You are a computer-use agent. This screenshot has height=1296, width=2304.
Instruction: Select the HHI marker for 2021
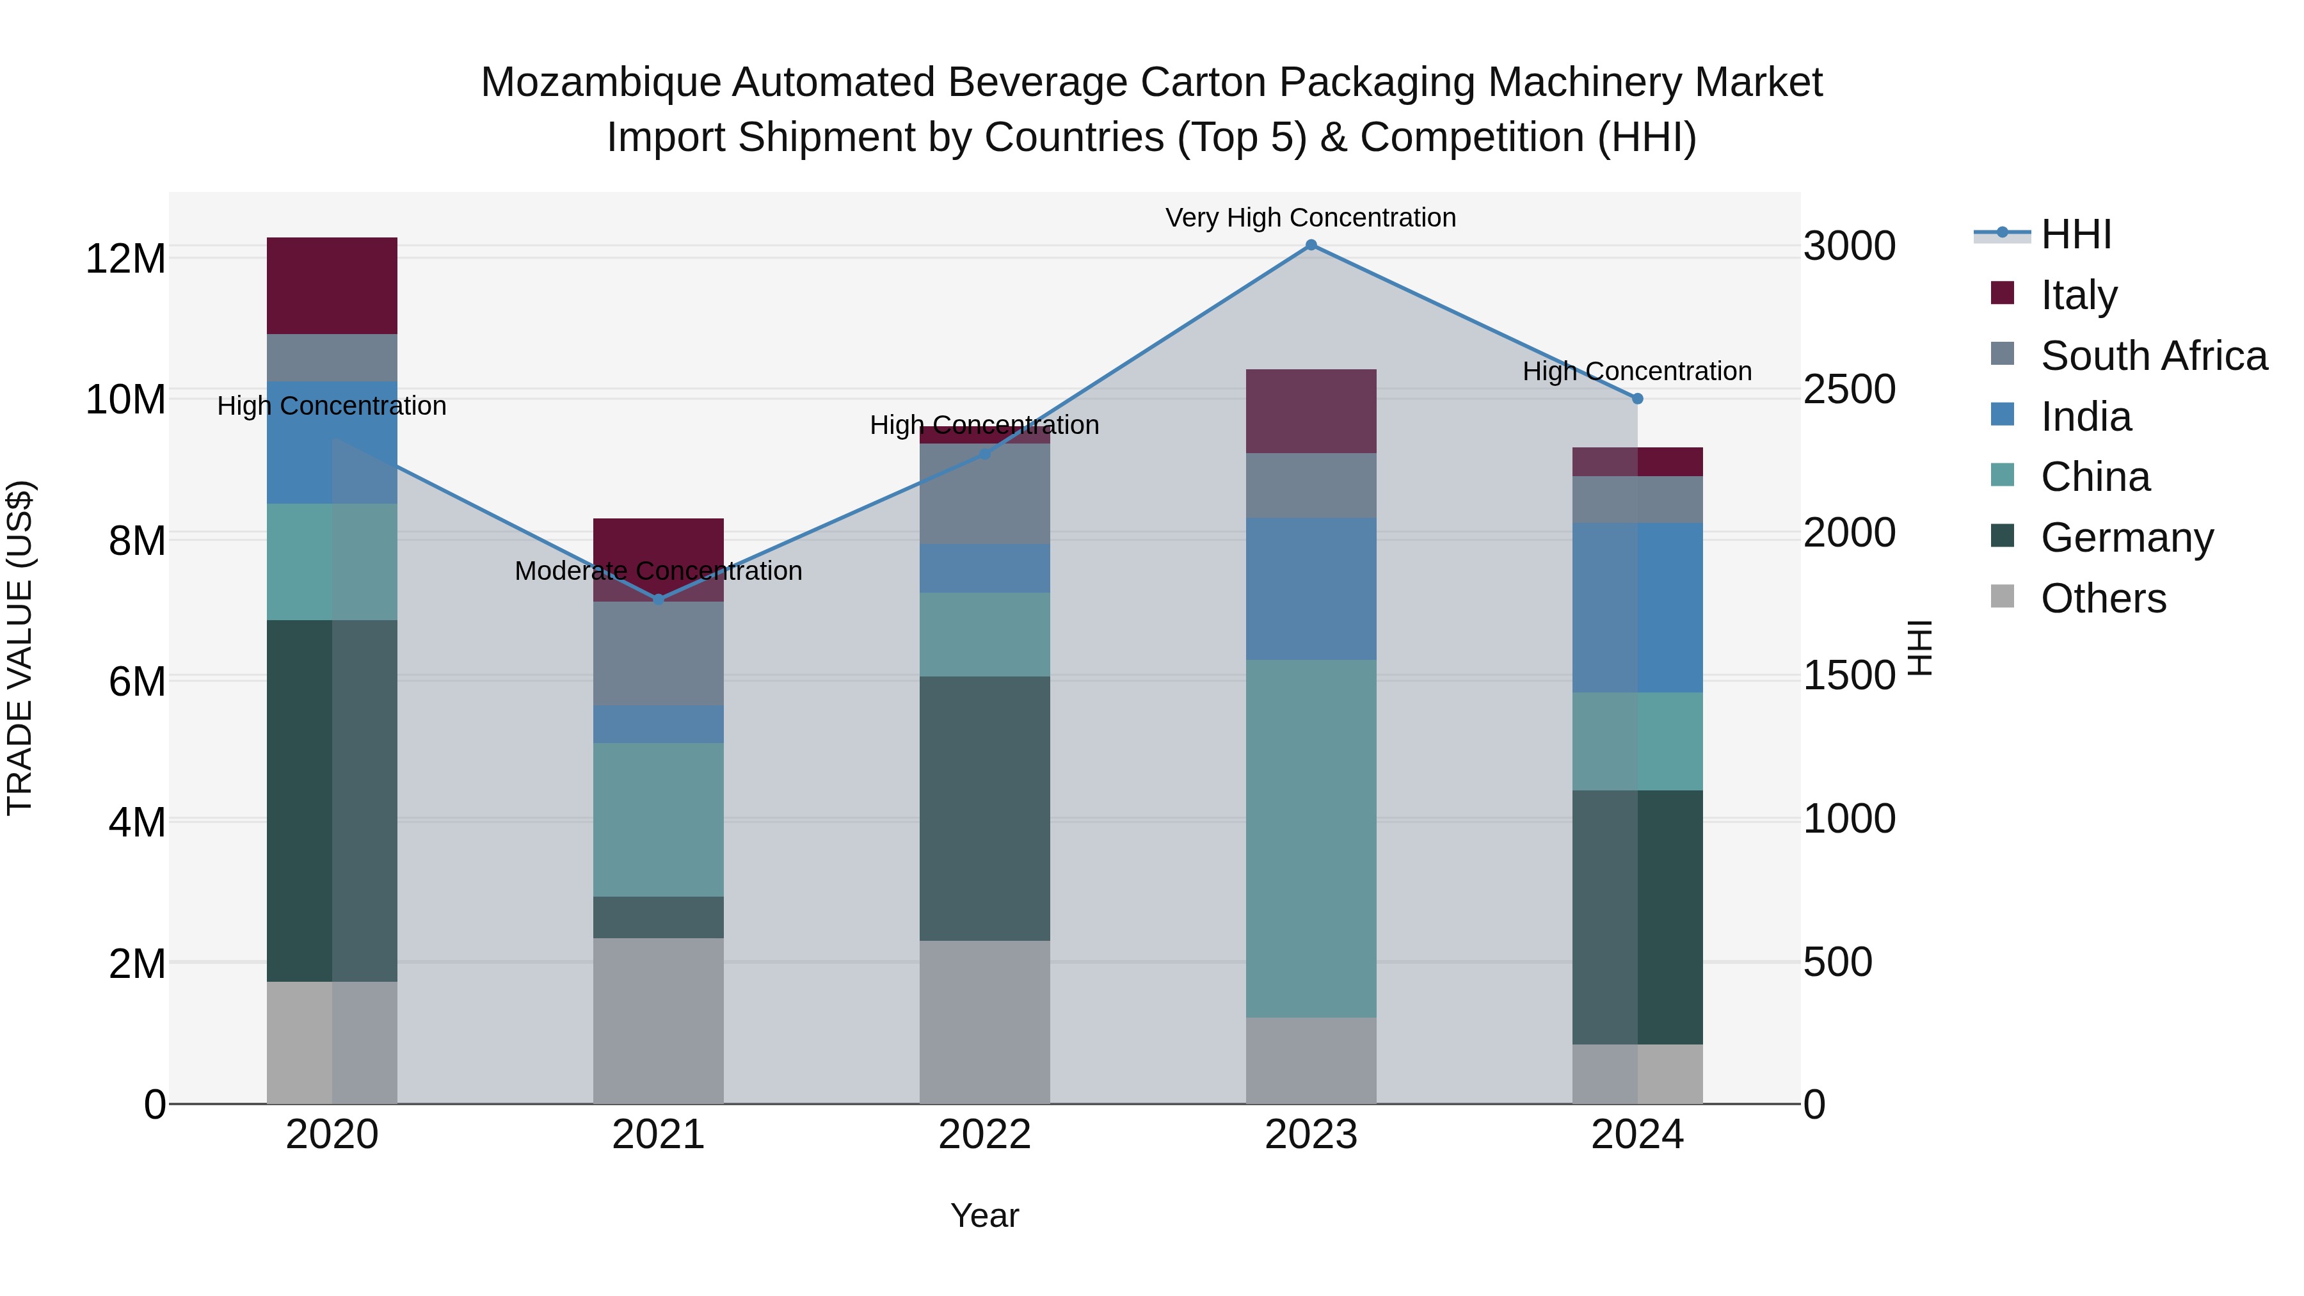659,599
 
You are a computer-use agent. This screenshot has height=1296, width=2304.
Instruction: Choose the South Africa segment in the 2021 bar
659,653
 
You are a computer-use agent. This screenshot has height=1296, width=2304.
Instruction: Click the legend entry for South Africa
2153,356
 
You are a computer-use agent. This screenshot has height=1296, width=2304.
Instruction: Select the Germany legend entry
2126,538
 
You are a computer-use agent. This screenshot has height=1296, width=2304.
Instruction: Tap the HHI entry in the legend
2075,234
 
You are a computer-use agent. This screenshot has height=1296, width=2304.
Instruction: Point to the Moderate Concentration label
659,571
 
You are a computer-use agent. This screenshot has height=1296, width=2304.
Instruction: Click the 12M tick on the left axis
125,259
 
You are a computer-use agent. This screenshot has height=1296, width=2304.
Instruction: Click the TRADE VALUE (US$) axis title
20,648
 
